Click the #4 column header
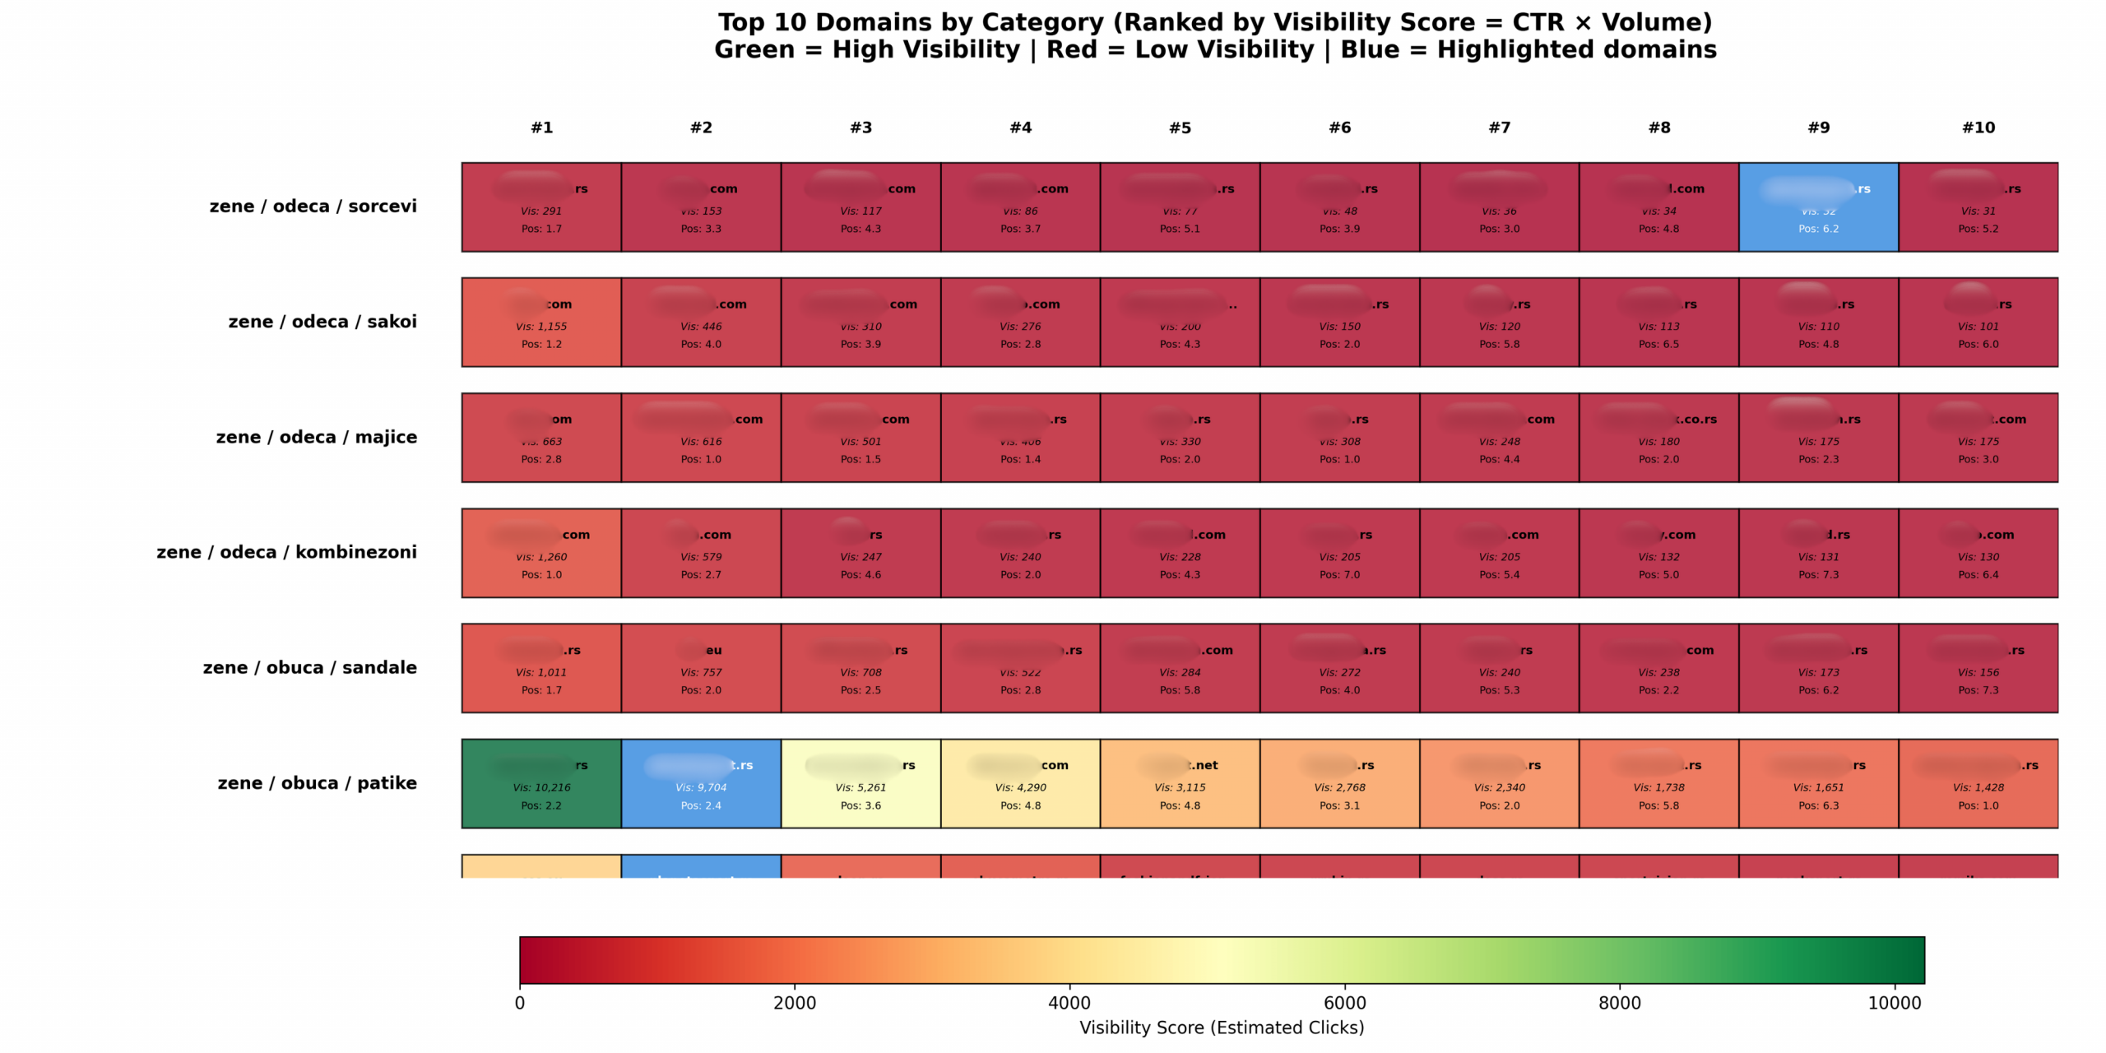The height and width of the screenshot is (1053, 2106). (x=1020, y=128)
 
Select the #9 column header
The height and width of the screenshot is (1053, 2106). (x=1818, y=128)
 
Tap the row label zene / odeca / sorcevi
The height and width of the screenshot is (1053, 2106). (x=313, y=206)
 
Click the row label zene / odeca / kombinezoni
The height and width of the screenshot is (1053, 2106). (x=286, y=552)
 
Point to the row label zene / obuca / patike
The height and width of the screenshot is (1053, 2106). (x=317, y=783)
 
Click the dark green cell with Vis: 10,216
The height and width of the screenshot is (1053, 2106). (x=541, y=783)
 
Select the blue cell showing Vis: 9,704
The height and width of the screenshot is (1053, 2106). (x=701, y=783)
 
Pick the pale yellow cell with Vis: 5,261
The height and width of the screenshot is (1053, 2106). (x=860, y=783)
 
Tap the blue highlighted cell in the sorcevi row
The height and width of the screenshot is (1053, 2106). (x=1818, y=206)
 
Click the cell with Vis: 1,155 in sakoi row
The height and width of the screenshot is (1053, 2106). (x=541, y=322)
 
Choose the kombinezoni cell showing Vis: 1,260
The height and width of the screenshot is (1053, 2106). (x=541, y=552)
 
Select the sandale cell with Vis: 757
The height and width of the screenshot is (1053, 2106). (x=701, y=668)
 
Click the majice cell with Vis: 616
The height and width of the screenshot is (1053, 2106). (x=701, y=437)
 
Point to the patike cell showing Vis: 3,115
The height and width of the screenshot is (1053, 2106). (x=1180, y=783)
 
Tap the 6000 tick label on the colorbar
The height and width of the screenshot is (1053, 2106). (x=1344, y=1003)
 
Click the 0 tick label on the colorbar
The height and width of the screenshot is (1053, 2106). (x=520, y=1003)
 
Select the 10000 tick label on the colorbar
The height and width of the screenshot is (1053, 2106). (x=1894, y=1003)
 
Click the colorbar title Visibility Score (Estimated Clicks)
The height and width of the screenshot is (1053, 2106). (x=1222, y=1027)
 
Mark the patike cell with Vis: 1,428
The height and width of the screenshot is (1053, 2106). (x=1978, y=783)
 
